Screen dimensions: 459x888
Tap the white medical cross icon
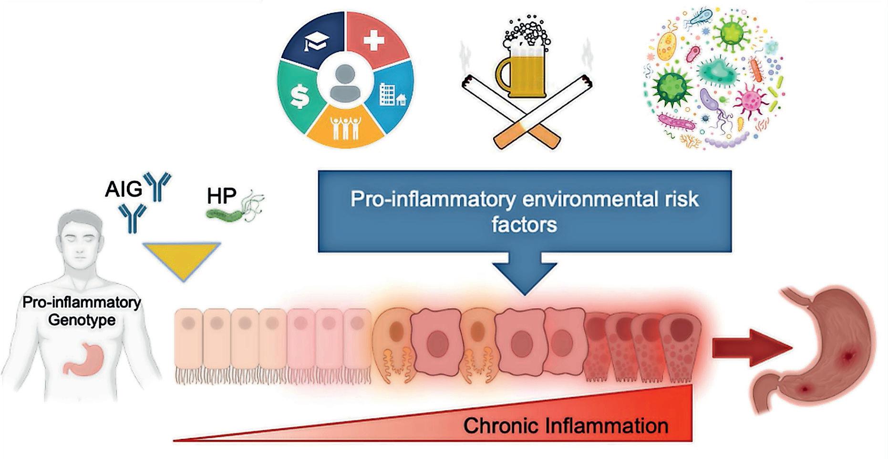tap(373, 39)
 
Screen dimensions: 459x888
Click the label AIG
tap(124, 189)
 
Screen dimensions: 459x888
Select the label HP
tap(222, 196)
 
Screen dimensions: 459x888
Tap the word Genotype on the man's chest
tap(82, 319)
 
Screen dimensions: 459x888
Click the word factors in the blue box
tap(524, 224)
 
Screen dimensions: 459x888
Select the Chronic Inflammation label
tap(565, 426)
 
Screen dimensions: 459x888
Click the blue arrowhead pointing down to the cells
tap(524, 278)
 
